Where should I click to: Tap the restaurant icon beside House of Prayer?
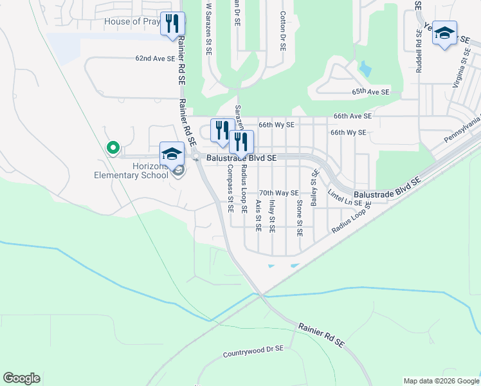pos(172,24)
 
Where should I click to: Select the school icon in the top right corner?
pos(444,33)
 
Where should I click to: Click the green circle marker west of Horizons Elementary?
pos(113,148)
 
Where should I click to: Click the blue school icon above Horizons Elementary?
pos(172,154)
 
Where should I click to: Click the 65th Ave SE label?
pos(370,92)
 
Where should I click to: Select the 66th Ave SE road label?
pos(352,116)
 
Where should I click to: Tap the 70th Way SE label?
pos(278,193)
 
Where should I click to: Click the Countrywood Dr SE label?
pos(253,352)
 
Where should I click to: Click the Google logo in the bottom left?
pos(21,378)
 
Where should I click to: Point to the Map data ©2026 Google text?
pos(441,381)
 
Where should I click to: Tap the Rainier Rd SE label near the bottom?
pos(321,335)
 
